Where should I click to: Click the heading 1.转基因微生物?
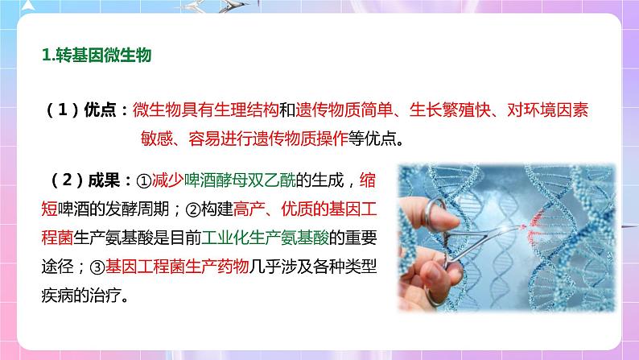coord(92,56)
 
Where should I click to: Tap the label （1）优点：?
coord(84,112)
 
